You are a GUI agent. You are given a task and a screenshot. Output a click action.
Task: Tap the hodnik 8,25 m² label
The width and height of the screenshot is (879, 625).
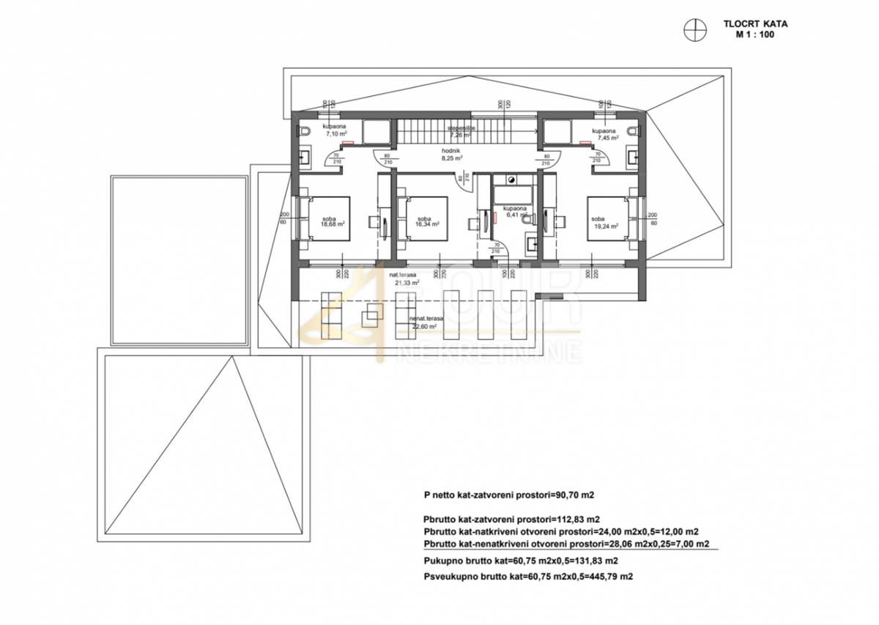[x=451, y=154]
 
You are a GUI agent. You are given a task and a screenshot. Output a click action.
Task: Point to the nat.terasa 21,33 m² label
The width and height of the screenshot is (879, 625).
[x=404, y=279]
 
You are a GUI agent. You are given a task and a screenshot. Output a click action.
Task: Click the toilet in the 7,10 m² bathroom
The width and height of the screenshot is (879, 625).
[x=305, y=132]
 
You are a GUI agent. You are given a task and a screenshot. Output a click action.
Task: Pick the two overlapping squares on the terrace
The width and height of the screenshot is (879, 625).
[x=372, y=316]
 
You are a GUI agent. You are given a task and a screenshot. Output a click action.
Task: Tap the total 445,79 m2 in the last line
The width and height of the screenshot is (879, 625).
[x=608, y=577]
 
